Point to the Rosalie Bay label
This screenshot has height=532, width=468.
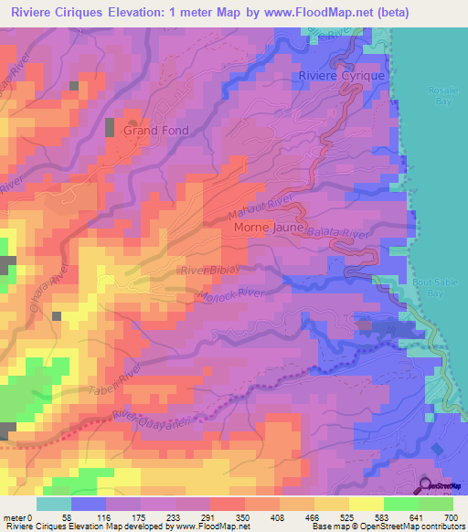[442, 97]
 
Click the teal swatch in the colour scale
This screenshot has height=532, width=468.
[53, 504]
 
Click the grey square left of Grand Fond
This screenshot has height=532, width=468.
[112, 127]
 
